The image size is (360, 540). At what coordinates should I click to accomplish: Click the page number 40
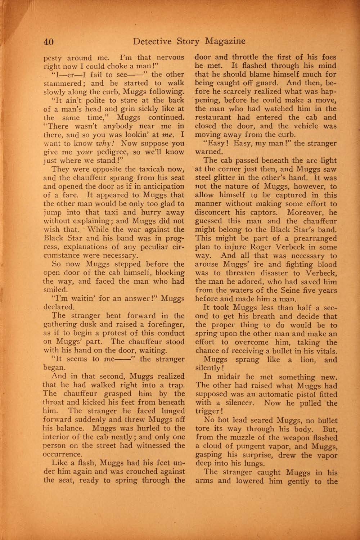49,42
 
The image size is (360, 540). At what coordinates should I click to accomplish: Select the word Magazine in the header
225,41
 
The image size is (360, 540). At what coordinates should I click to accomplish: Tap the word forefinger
167,324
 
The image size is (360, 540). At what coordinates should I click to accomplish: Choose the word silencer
239,403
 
